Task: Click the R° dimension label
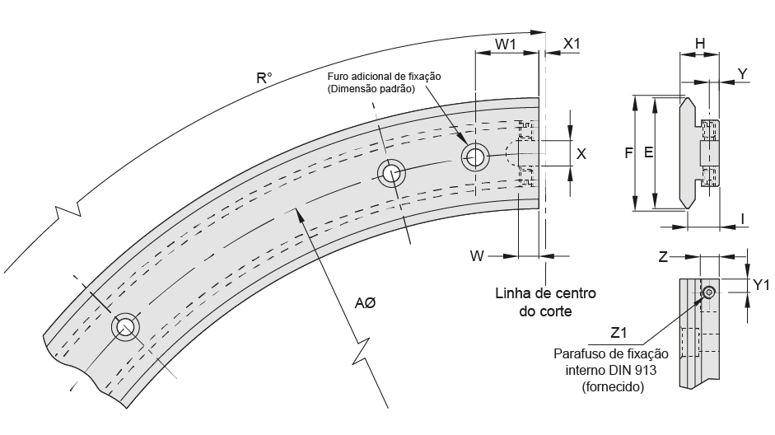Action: [x=264, y=79]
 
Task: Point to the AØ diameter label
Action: [x=364, y=304]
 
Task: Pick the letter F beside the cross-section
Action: [x=628, y=153]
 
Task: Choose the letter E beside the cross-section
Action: [x=649, y=153]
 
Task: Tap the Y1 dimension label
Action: [x=761, y=285]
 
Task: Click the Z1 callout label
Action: [x=619, y=333]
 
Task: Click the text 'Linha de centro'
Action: [x=545, y=293]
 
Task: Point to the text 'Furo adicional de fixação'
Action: [x=385, y=76]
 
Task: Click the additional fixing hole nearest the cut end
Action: [x=474, y=157]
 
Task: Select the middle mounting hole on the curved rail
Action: [x=390, y=173]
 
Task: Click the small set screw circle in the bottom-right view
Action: [x=709, y=292]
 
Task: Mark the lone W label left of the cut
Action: [x=476, y=256]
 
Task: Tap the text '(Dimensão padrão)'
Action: [x=371, y=88]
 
